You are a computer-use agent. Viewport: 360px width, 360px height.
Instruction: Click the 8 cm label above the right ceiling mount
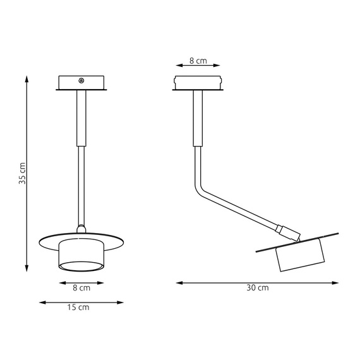tap(198, 61)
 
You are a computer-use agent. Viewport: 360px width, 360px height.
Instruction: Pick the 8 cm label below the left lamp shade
tap(81, 288)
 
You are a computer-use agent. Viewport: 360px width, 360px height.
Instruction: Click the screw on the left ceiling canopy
tap(81, 80)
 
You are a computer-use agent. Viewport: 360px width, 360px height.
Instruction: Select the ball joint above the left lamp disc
tap(80, 228)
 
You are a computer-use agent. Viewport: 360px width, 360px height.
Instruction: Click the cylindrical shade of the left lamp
tap(81, 256)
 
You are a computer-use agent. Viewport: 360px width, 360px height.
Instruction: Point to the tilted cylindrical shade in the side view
tap(301, 254)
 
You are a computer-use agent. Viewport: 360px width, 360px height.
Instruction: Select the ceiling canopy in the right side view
tap(198, 83)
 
